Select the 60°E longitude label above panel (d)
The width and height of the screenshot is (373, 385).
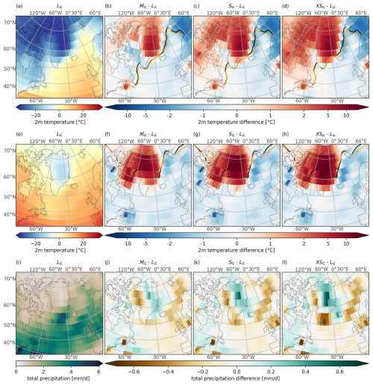tap(363, 13)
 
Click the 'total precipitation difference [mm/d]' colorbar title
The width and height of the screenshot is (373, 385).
tap(237, 380)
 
